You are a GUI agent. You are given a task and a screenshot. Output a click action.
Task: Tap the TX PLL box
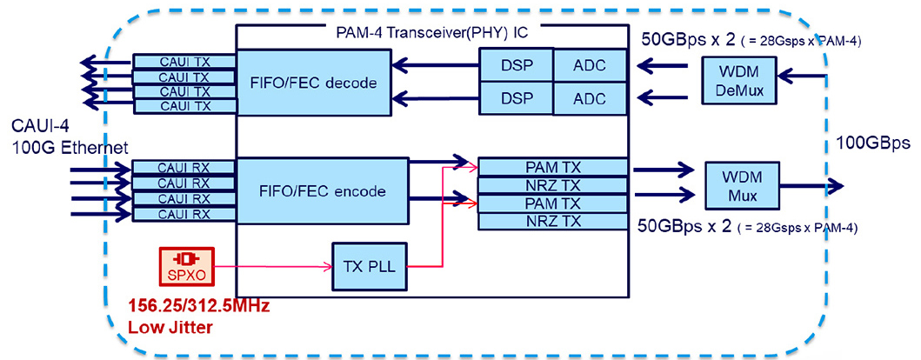364,266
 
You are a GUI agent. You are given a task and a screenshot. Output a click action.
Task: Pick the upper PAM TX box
552,166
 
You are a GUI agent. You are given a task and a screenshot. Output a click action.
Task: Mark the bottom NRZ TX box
552,221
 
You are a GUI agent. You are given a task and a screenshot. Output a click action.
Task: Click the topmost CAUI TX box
184,62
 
